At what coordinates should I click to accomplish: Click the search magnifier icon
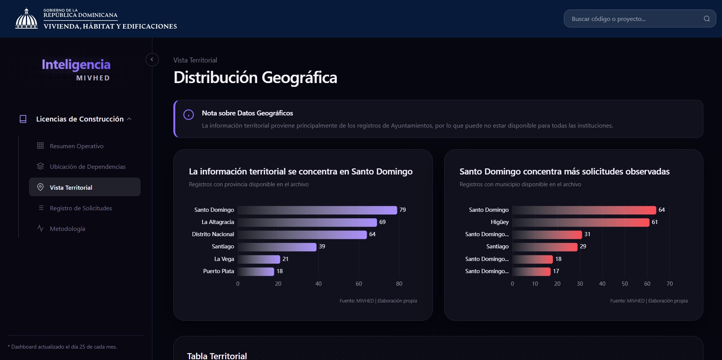[x=707, y=19]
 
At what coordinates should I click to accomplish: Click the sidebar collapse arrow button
[x=152, y=59]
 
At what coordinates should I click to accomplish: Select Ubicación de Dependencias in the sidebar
[x=81, y=166]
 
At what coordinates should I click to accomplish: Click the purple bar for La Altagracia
[x=307, y=222]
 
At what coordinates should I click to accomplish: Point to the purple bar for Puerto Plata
[x=256, y=271]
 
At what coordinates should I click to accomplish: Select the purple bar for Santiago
[x=277, y=246]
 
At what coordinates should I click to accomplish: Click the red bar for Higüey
[x=581, y=222]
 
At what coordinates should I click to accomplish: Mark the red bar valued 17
[x=531, y=271]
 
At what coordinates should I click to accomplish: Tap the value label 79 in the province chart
[x=403, y=210]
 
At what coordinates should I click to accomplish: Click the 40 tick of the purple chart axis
[x=319, y=284]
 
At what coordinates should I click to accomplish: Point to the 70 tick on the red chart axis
[x=670, y=284]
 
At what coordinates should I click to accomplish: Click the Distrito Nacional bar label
[x=213, y=234]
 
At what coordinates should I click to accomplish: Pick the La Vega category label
[x=224, y=259]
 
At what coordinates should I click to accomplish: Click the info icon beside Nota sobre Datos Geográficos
[x=189, y=114]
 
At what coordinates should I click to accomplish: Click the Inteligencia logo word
[x=76, y=64]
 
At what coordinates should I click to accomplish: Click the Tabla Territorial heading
[x=217, y=356]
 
